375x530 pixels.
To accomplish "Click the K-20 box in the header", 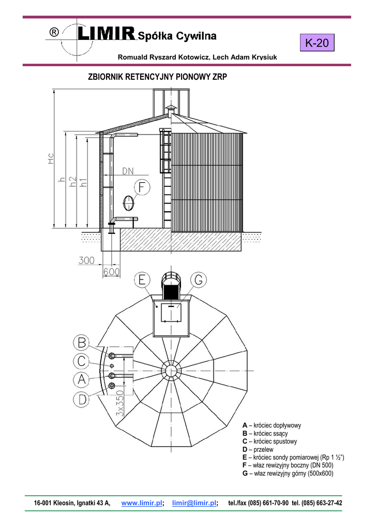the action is pos(317,42).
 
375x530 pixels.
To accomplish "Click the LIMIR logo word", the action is pos(106,34).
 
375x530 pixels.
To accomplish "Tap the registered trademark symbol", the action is pos(54,32).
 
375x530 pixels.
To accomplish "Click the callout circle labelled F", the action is pos(142,187).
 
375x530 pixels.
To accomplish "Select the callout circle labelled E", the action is pos(142,280).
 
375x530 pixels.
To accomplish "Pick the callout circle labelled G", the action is pos(198,280).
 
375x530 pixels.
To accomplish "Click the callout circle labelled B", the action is pos(81,343).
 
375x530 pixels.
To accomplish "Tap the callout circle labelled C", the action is pos(81,361).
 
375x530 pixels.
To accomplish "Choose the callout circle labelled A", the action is pos(81,379).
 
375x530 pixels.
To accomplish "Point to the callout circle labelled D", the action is pos(81,400).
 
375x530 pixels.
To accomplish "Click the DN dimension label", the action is pos(128,171).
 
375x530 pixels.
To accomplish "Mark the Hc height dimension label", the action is pos(51,159).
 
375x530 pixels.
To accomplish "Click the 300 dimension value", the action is pos(86,260).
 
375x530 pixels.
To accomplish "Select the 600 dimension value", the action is pos(112,272).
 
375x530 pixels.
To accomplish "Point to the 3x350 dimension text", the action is pos(120,403).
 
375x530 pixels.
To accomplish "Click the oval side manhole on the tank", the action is pos(129,203).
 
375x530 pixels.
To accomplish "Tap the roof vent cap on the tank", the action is pos(171,109).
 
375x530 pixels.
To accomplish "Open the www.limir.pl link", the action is pos(142,503).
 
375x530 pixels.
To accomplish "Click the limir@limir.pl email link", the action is pos(194,503).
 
